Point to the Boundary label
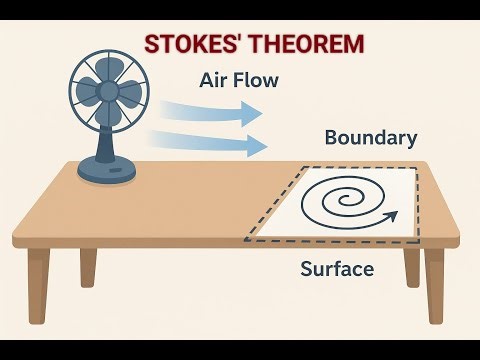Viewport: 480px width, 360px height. [370, 138]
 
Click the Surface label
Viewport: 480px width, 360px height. [338, 268]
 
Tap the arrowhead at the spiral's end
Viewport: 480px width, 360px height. [393, 213]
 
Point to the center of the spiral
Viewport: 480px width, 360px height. [352, 197]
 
